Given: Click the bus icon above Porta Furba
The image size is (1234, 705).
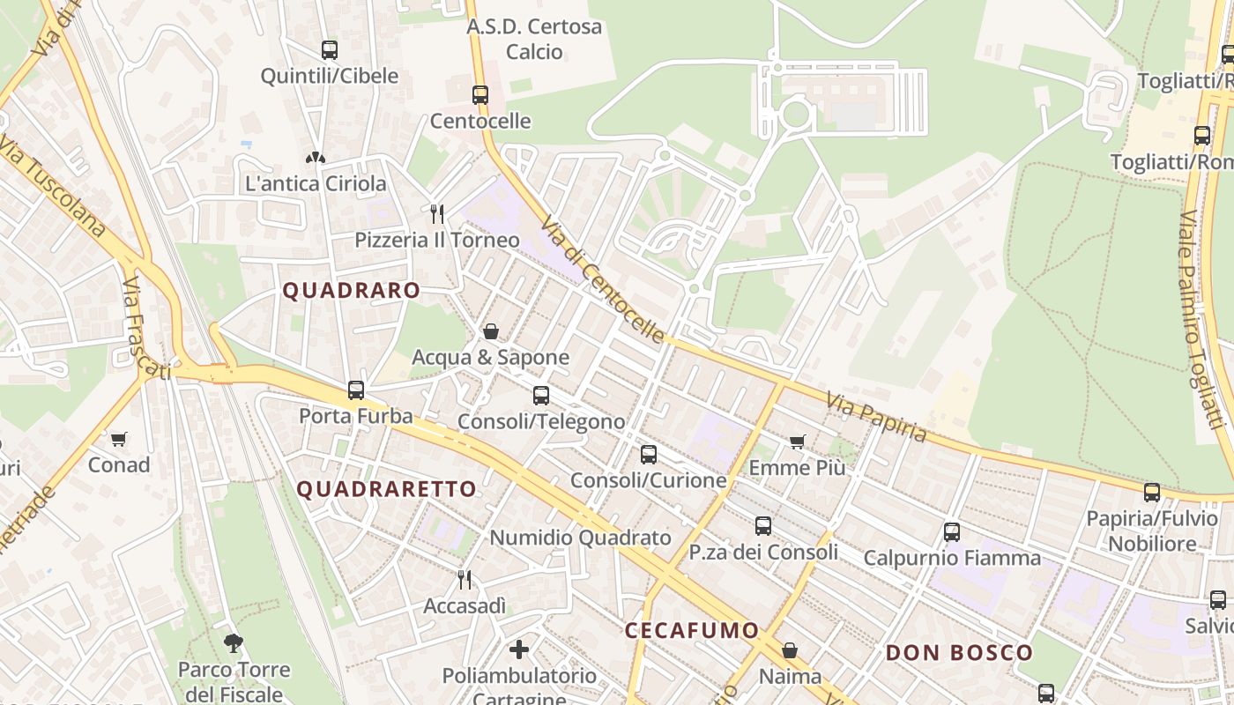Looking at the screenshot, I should click(356, 390).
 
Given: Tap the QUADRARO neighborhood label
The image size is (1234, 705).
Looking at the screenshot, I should click(351, 291).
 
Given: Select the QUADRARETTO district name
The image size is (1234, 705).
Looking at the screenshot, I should click(386, 489).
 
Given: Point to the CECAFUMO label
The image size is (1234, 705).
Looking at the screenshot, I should click(692, 630).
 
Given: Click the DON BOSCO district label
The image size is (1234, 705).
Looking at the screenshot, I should click(959, 653).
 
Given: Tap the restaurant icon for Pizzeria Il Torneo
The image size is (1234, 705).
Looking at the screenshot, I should click(436, 213).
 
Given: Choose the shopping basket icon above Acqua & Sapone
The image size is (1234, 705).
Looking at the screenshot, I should click(491, 331).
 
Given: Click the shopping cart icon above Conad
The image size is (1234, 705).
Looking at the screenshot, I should click(118, 439).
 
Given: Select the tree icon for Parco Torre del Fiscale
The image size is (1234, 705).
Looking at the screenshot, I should click(234, 643).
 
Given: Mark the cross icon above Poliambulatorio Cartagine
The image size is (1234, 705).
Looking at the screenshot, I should click(519, 649).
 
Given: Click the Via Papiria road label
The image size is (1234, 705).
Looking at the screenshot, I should click(876, 418).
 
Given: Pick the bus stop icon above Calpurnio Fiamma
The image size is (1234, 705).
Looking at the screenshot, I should click(952, 531).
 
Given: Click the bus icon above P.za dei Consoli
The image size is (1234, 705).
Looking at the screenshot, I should click(763, 526).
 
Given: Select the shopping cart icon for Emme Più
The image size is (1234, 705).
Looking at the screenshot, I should click(798, 442).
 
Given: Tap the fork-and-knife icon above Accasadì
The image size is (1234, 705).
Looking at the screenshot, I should click(465, 579).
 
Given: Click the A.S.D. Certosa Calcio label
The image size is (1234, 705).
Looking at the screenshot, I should click(534, 39).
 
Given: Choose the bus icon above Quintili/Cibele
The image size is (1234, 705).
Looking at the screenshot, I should click(330, 50).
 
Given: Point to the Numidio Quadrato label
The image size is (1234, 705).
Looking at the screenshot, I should click(580, 538).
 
